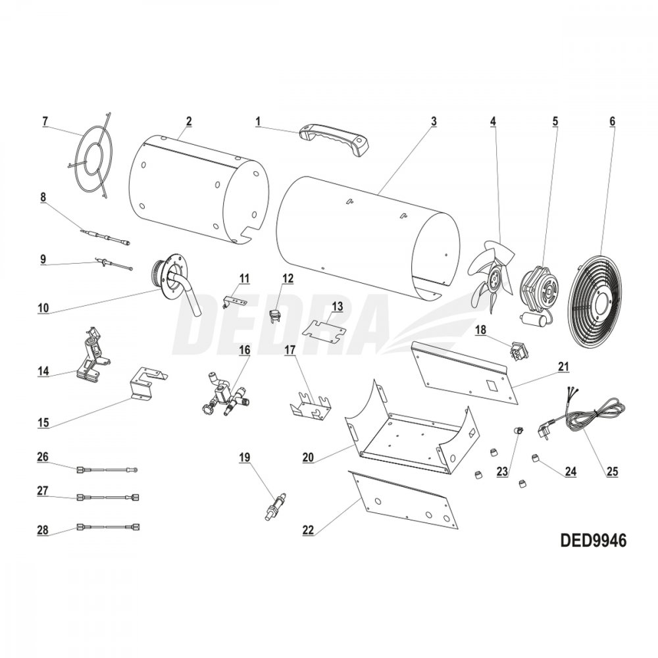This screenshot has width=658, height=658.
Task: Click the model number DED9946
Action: point(593,540)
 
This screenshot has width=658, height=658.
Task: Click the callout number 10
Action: point(43,308)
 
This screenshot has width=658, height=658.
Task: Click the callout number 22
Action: point(308,530)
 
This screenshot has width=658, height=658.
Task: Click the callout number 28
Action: point(43,530)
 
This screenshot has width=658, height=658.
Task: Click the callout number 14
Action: point(43,372)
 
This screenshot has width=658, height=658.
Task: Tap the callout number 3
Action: point(434,121)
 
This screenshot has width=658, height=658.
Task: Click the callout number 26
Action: point(43,457)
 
